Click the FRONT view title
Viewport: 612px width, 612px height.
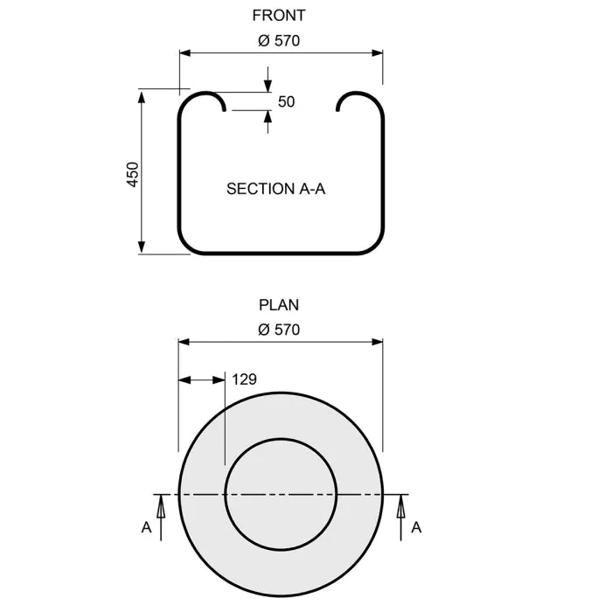[279, 15]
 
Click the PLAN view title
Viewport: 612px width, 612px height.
[279, 305]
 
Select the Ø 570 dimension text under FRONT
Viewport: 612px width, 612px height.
[279, 40]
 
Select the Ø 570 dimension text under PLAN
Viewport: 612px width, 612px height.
[279, 330]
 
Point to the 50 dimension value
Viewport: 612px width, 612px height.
[287, 101]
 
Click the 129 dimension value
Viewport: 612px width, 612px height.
[245, 379]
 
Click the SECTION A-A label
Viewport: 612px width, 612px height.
[275, 188]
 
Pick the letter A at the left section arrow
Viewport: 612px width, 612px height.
[146, 527]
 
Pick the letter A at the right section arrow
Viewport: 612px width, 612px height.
[416, 527]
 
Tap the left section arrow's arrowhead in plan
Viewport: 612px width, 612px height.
[159, 500]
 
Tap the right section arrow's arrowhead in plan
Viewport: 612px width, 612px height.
[402, 500]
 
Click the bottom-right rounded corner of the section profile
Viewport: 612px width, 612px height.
[375, 246]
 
